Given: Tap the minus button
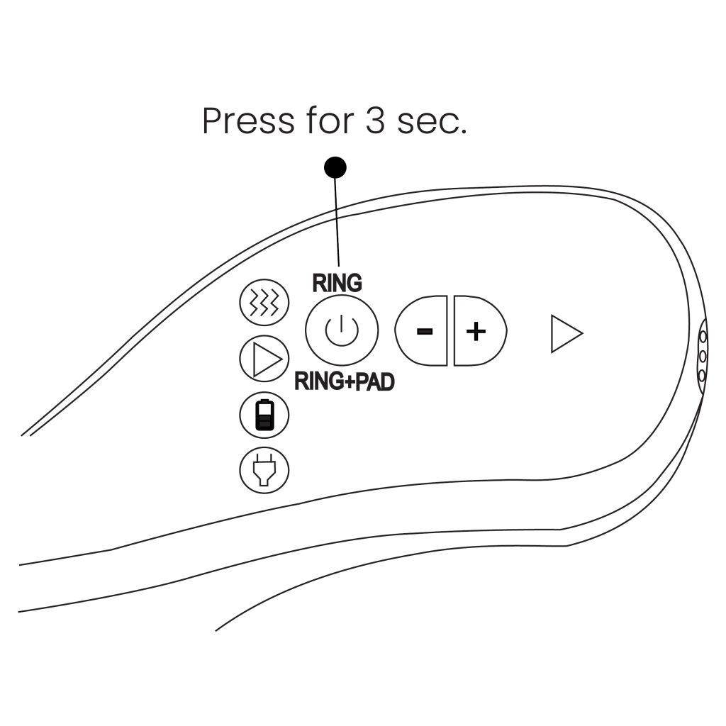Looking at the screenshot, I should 423,331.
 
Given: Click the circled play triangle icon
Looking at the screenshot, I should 264,360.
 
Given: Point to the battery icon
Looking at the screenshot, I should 264,415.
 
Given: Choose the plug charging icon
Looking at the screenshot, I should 264,469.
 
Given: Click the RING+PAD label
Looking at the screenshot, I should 344,382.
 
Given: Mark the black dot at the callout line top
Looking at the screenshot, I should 335,167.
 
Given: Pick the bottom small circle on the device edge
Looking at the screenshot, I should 702,375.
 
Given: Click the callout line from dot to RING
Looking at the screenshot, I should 337,220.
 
